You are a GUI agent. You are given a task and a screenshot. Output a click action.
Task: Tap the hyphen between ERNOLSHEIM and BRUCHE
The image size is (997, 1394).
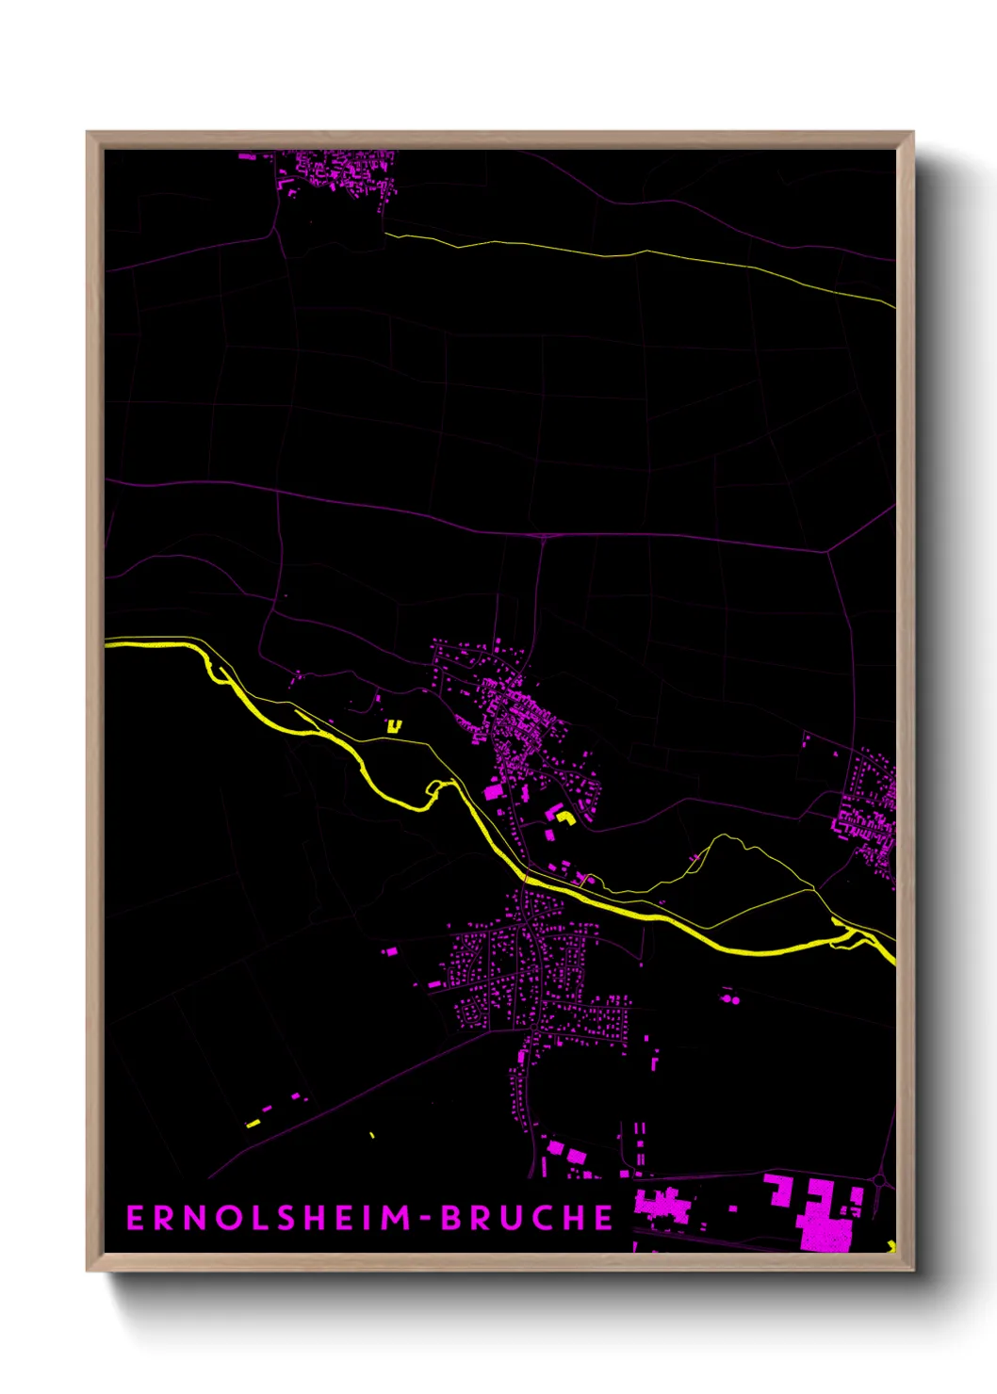(426, 1219)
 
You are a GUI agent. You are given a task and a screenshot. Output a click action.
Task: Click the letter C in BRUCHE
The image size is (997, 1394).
(545, 1218)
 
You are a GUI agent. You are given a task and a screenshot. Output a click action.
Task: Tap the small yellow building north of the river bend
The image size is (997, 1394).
(394, 725)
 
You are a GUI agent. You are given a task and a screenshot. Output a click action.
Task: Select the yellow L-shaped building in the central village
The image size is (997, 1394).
(565, 817)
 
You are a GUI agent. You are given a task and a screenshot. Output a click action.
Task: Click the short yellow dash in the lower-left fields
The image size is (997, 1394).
(253, 1124)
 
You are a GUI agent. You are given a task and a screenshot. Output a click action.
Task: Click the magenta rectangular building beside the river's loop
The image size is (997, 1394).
(493, 792)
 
